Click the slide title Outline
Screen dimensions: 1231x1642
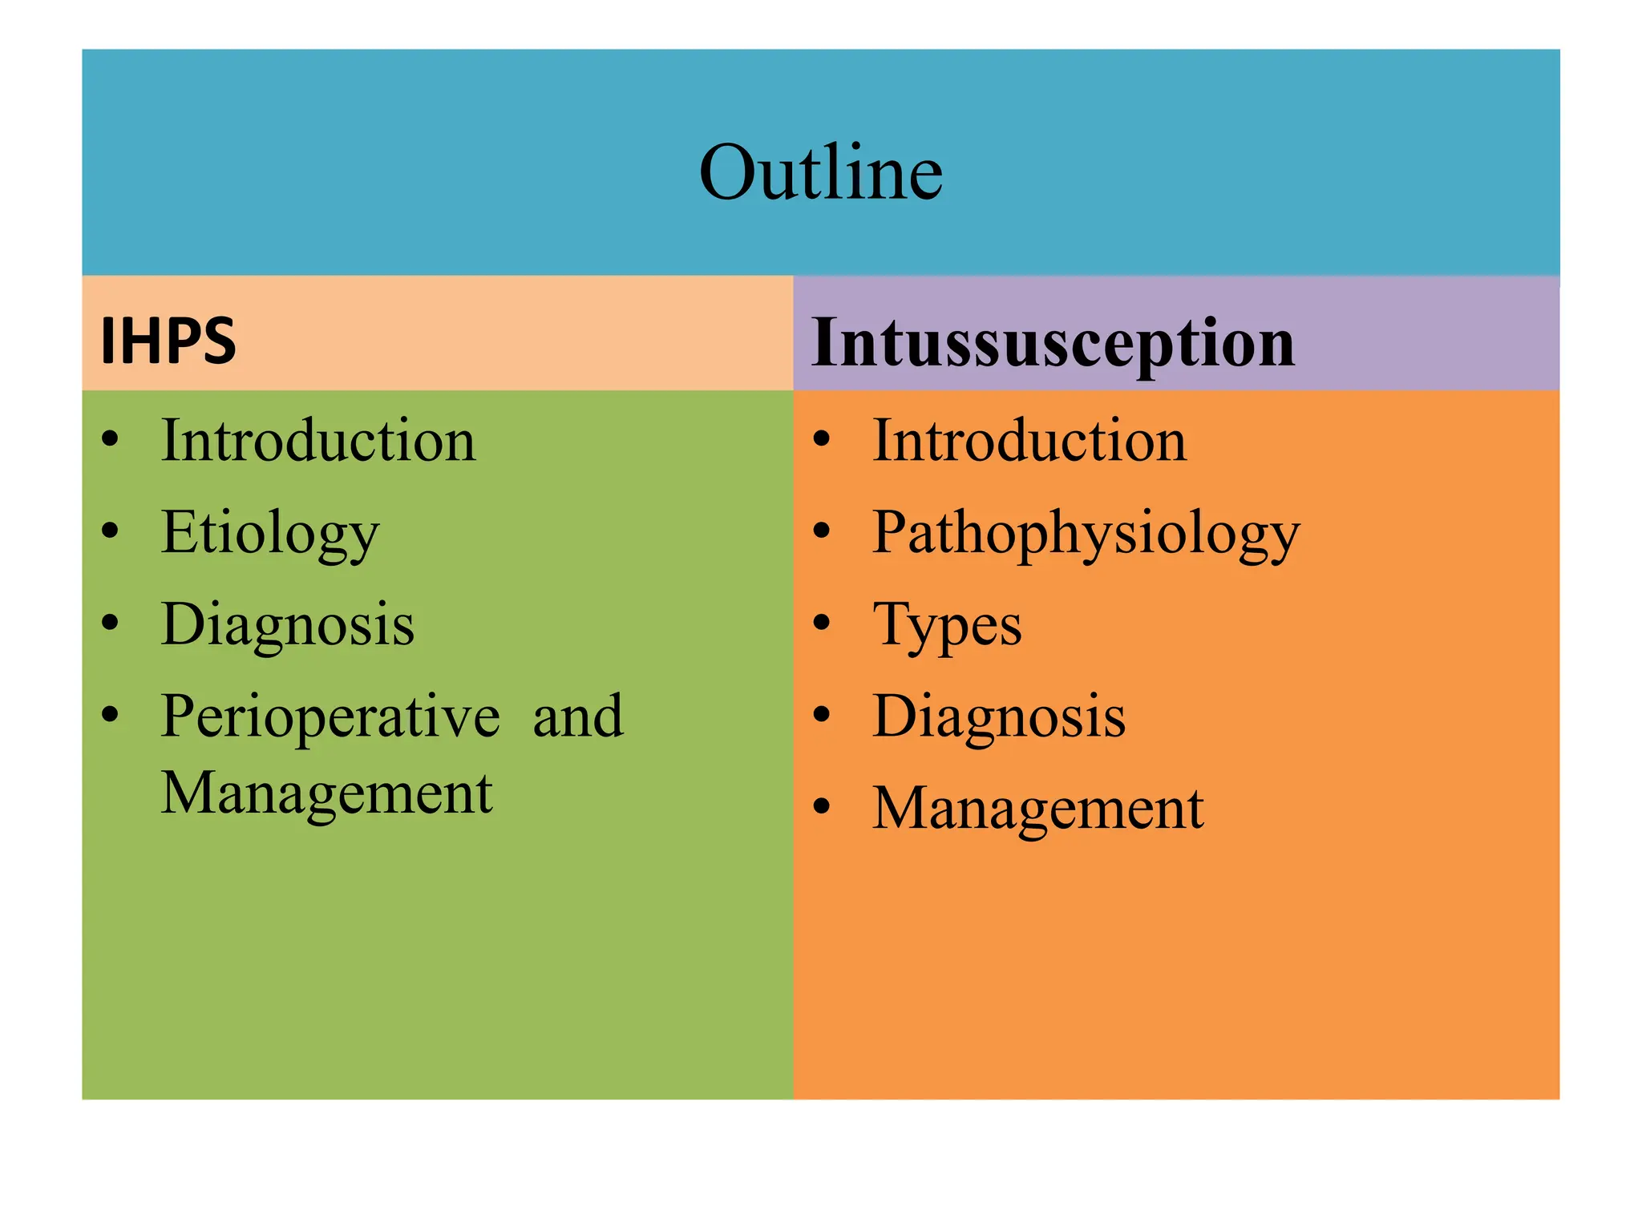pyautogui.click(x=820, y=172)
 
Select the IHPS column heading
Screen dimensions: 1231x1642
pyautogui.click(x=168, y=341)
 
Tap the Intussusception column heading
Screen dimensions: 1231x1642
pyautogui.click(x=1053, y=343)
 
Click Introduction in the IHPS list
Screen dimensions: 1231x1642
pyautogui.click(x=318, y=441)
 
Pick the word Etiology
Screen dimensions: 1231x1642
pyautogui.click(x=270, y=534)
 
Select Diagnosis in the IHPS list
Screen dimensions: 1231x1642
pyautogui.click(x=288, y=624)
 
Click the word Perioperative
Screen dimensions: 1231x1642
pyautogui.click(x=330, y=716)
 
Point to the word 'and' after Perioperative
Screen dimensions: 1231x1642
pyautogui.click(x=578, y=716)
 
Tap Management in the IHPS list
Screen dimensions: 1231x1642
pyautogui.click(x=326, y=793)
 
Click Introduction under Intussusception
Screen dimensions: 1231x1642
pyautogui.click(x=1029, y=441)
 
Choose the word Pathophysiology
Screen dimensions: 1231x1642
pyautogui.click(x=1086, y=534)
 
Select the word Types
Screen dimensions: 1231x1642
pyautogui.click(x=947, y=626)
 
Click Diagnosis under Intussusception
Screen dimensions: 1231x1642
pyautogui.click(x=999, y=716)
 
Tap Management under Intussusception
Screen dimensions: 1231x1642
pyautogui.click(x=1038, y=808)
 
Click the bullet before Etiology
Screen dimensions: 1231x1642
pyautogui.click(x=111, y=531)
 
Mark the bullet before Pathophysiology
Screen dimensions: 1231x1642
pyautogui.click(x=822, y=531)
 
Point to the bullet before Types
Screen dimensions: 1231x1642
pyautogui.click(x=822, y=623)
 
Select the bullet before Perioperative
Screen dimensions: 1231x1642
pyautogui.click(x=111, y=714)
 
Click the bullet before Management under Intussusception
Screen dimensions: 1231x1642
pyautogui.click(x=822, y=806)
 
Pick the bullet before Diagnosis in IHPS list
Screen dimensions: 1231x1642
pyautogui.click(x=111, y=623)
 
